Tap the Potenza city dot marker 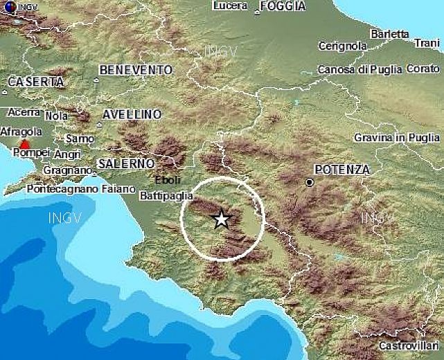pos(310,183)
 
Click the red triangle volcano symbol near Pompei pos(25,145)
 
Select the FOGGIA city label pos(283,6)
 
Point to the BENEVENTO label pos(136,70)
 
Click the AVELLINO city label pos(132,114)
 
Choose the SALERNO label pos(125,163)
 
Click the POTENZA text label pos(342,169)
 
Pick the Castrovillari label pos(409,345)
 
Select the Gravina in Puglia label pos(398,138)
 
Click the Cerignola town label pos(342,46)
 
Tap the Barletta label pos(390,33)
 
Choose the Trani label pos(426,43)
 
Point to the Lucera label pos(231,6)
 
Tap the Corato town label pos(423,69)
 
